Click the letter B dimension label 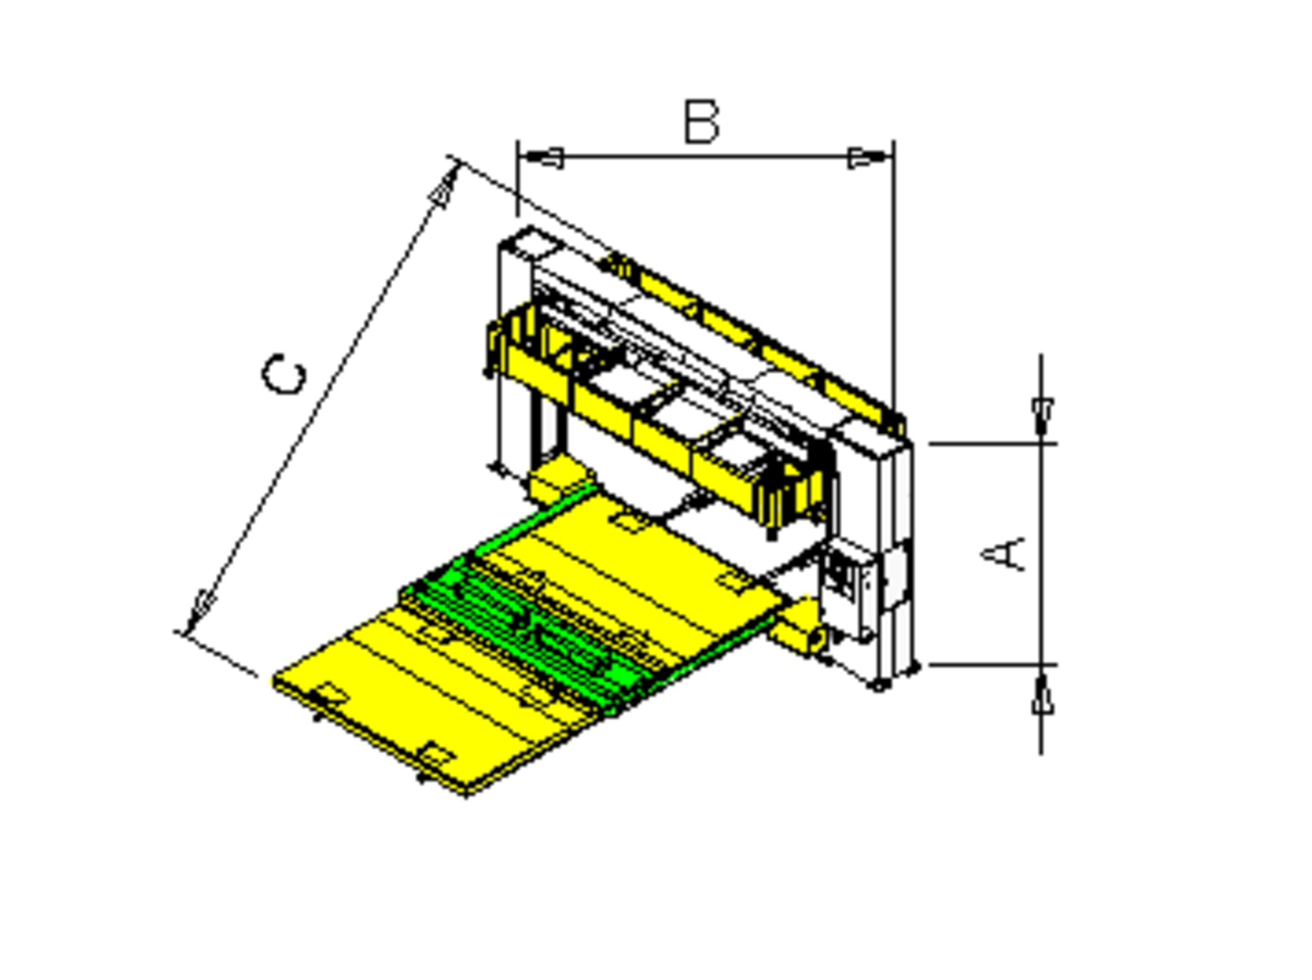[701, 122]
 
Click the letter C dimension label [284, 375]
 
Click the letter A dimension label [1004, 554]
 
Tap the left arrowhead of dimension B [541, 158]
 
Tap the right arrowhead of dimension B [871, 158]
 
